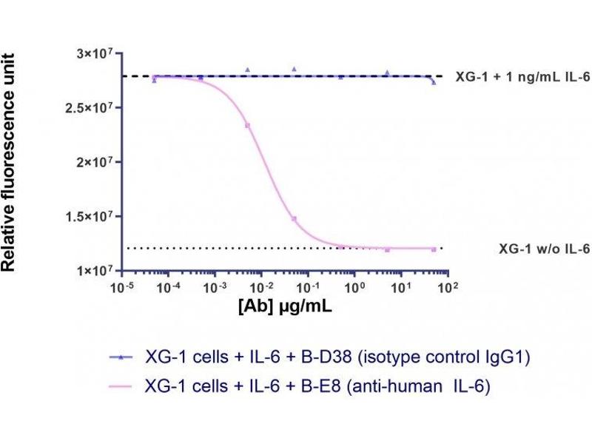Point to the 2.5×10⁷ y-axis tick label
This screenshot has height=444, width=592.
pyautogui.click(x=90, y=108)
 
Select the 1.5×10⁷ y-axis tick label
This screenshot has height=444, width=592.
pyautogui.click(x=90, y=216)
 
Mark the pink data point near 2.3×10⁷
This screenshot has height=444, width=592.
pyautogui.click(x=248, y=125)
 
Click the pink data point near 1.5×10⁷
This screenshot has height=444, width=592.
pyautogui.click(x=294, y=219)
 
